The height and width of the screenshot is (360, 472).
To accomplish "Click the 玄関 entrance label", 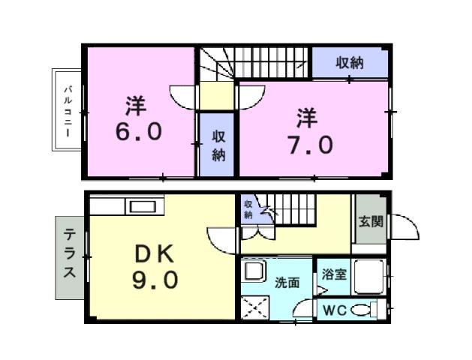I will [369, 222].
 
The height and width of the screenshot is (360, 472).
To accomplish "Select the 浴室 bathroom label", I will [334, 274].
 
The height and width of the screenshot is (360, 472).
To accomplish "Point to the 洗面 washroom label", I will [287, 283].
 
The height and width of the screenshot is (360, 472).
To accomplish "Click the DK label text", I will [156, 255].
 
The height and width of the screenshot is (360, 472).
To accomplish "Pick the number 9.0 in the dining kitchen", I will [157, 280].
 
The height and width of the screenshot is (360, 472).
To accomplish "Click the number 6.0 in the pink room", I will [137, 132].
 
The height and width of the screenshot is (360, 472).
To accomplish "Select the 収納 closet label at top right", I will [350, 63].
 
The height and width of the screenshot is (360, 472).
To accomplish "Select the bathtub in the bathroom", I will [369, 277].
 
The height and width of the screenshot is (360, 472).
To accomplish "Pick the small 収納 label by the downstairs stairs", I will [248, 209].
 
